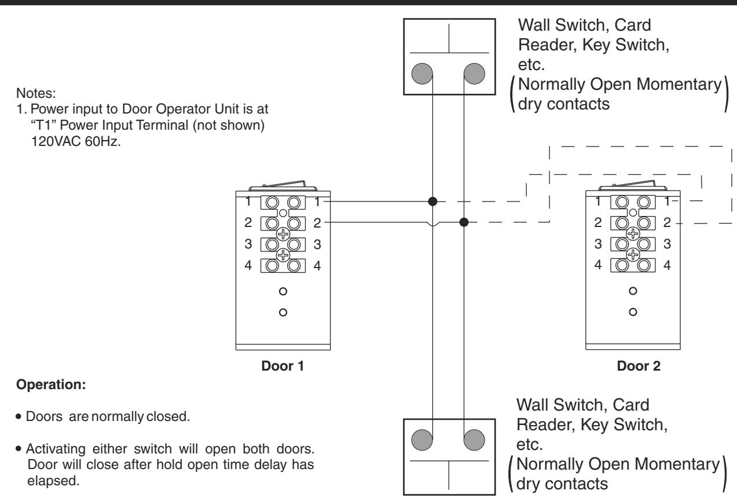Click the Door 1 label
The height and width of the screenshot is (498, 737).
pyautogui.click(x=283, y=366)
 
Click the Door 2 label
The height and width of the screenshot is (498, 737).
pyautogui.click(x=639, y=366)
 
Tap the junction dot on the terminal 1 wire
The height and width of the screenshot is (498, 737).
pyautogui.click(x=432, y=202)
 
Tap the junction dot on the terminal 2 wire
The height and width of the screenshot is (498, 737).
pyautogui.click(x=464, y=222)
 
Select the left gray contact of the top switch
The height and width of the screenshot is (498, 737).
pyautogui.click(x=422, y=74)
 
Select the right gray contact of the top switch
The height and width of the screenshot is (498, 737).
pyautogui.click(x=474, y=74)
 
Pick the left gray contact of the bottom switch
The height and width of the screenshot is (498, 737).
pyautogui.click(x=422, y=440)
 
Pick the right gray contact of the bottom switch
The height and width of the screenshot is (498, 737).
pyautogui.click(x=474, y=440)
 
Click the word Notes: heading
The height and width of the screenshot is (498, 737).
pyautogui.click(x=36, y=93)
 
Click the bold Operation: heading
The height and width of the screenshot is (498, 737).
pyautogui.click(x=51, y=385)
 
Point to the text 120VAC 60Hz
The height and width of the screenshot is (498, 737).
pyautogui.click(x=76, y=141)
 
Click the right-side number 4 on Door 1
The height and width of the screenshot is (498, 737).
pyautogui.click(x=317, y=265)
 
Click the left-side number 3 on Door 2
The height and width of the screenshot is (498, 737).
pyautogui.click(x=598, y=244)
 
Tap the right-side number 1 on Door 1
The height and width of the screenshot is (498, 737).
pyautogui.click(x=317, y=202)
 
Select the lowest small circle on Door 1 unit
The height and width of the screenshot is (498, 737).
pyautogui.click(x=283, y=312)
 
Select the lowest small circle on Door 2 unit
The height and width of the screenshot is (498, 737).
pyautogui.click(x=633, y=312)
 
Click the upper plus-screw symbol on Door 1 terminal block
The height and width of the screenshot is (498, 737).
pyautogui.click(x=283, y=234)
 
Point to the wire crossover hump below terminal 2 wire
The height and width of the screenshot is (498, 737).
pyautogui.click(x=432, y=224)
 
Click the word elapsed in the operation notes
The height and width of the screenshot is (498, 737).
pyautogui.click(x=53, y=481)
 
